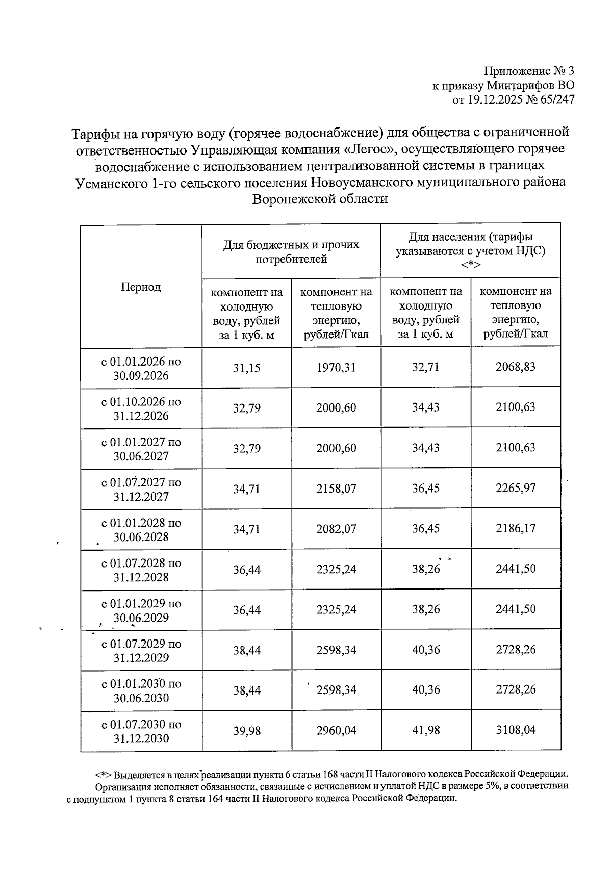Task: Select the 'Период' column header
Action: pos(141,287)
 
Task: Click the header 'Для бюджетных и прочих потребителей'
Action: pos(291,252)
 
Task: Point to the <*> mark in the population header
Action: pos(470,265)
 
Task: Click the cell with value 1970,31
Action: pos(336,368)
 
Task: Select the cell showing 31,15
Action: pos(247,368)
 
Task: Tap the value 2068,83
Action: pos(516,367)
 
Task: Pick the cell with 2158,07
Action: pos(336,489)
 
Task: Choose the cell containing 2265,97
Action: pos(516,488)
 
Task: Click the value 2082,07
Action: pos(336,529)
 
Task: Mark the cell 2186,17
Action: pos(516,528)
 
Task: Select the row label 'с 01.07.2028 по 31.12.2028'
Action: pos(141,570)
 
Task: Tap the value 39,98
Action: pos(247,731)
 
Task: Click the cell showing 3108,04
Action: pos(516,730)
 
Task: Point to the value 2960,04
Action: pos(336,731)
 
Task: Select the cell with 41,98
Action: pos(426,730)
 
